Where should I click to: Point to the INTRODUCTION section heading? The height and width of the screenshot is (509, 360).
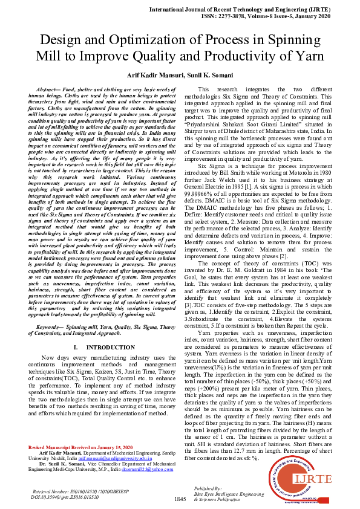pyautogui.click(x=100, y=348)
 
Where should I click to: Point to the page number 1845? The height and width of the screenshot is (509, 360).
pyautogui.click(x=180, y=499)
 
